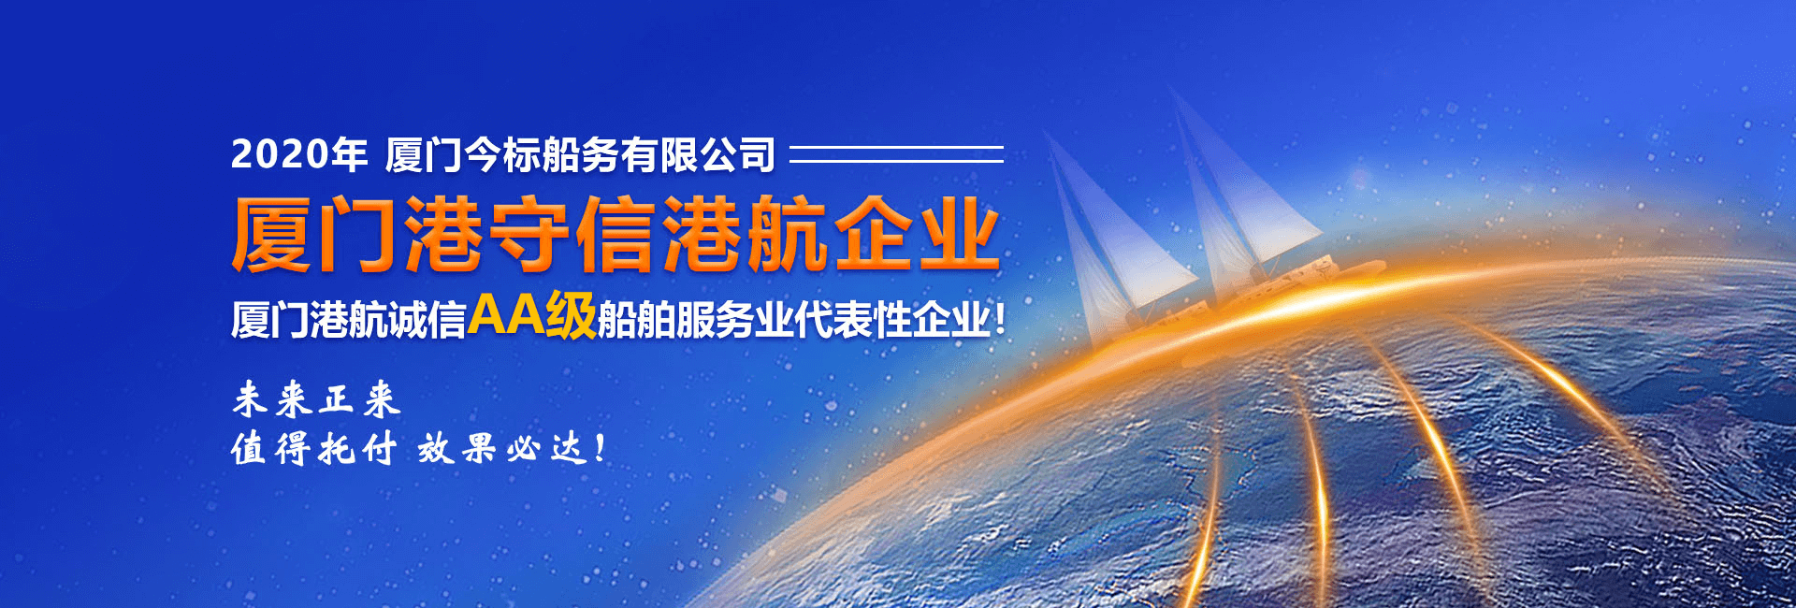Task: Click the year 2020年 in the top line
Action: (299, 154)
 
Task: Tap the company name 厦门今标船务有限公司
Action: (580, 154)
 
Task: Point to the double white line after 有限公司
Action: (896, 153)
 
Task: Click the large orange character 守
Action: (530, 234)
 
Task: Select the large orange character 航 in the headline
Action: (789, 234)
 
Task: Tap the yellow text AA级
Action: (531, 314)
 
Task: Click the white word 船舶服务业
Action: (695, 320)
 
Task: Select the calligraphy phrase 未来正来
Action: (316, 399)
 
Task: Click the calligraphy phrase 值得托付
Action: (314, 449)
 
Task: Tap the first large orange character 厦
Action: (271, 234)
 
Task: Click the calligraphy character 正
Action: (337, 399)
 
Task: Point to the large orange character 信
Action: (616, 234)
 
